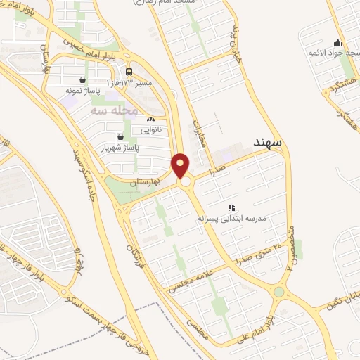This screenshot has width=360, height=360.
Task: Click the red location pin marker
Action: click(x=181, y=165)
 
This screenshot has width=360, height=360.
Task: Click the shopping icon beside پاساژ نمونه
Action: click(x=84, y=79)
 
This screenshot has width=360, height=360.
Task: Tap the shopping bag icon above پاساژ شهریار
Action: click(x=120, y=136)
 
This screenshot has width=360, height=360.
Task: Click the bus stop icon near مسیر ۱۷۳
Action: click(x=129, y=72)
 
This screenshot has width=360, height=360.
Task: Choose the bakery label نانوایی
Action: click(x=150, y=130)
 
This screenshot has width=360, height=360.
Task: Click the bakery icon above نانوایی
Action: click(x=150, y=120)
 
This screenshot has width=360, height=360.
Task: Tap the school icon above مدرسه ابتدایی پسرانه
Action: click(x=231, y=207)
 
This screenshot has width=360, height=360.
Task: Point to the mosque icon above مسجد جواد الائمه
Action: click(x=337, y=41)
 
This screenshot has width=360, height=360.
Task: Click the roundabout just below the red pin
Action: click(x=186, y=182)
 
